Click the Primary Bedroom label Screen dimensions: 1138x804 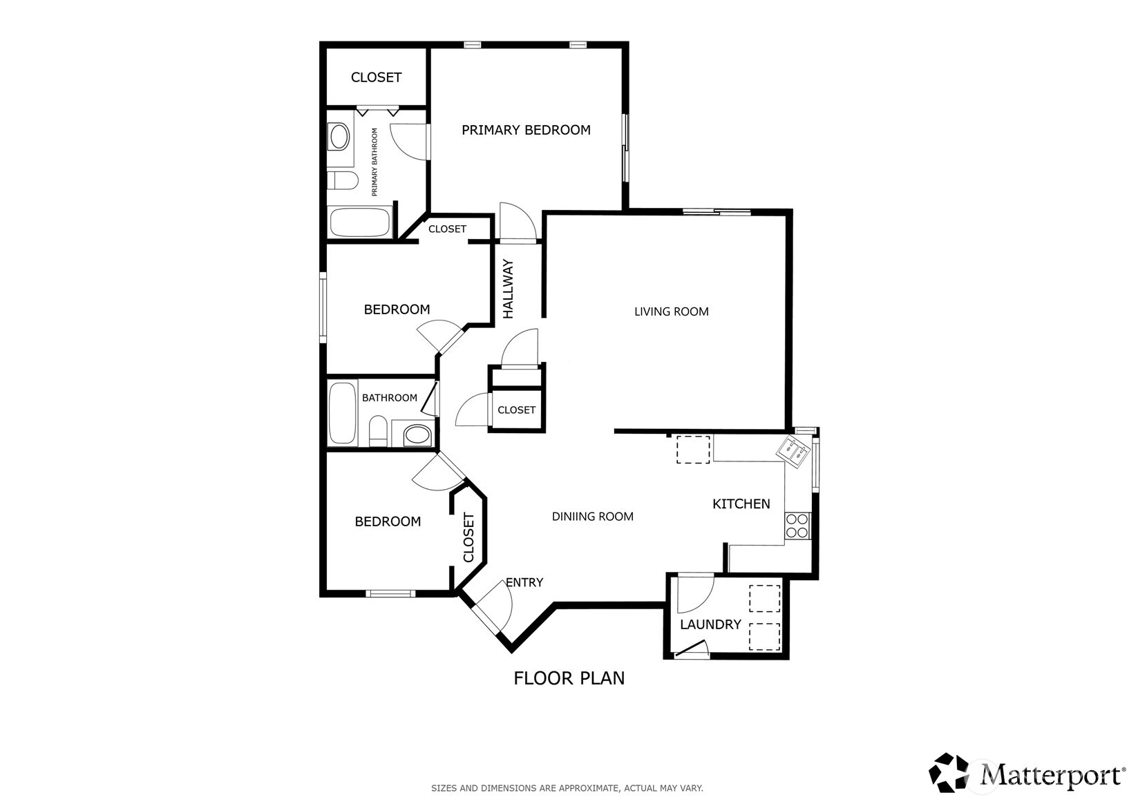point(526,130)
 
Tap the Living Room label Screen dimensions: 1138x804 point(671,312)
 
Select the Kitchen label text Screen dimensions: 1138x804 point(741,504)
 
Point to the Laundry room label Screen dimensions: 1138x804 point(710,624)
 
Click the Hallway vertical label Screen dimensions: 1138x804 point(509,289)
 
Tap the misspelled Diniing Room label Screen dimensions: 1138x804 point(592,517)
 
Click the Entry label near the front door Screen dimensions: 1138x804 point(524,582)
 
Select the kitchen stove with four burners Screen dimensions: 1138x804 point(797,526)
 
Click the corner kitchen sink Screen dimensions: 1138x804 point(793,452)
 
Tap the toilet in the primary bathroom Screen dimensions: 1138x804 point(342,180)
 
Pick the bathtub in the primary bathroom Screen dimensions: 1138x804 point(359,222)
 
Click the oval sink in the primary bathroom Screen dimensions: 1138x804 point(339,137)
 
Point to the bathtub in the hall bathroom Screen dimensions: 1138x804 point(343,413)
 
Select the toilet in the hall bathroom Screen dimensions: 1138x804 point(377,431)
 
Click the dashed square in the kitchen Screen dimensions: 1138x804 point(693,450)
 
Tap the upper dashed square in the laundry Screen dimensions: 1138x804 point(765,598)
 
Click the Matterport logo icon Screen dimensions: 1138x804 point(949,772)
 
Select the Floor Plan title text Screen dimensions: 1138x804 point(569,678)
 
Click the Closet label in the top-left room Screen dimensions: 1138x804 point(376,77)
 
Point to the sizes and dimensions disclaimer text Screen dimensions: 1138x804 point(567,788)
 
